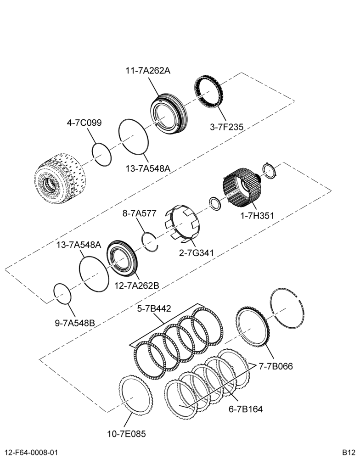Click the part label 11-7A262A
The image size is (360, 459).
click(148, 71)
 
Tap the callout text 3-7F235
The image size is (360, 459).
click(226, 127)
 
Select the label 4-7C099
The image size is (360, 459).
click(84, 123)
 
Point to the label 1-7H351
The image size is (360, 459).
click(257, 216)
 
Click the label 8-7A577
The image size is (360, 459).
click(140, 213)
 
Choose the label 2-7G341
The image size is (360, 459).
click(197, 252)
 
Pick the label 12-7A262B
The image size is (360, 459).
click(136, 285)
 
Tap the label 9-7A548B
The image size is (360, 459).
click(75, 323)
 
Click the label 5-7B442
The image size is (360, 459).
click(154, 308)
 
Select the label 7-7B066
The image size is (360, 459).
click(276, 366)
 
